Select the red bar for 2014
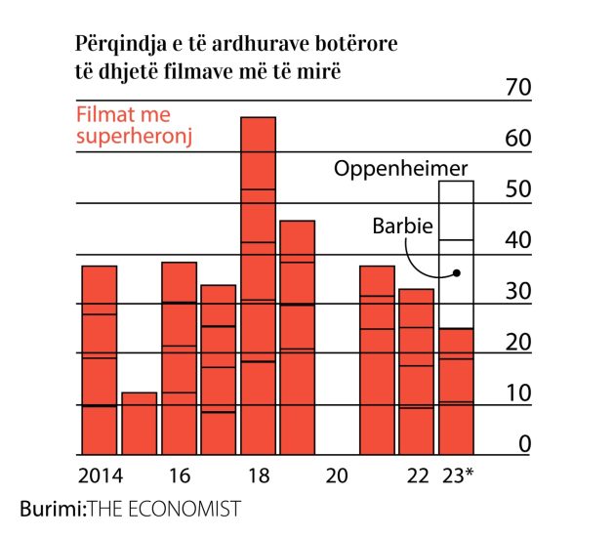99,360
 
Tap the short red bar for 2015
139,424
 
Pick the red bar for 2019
298,338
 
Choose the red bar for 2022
417,372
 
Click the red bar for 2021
378,360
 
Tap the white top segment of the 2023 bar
456,210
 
